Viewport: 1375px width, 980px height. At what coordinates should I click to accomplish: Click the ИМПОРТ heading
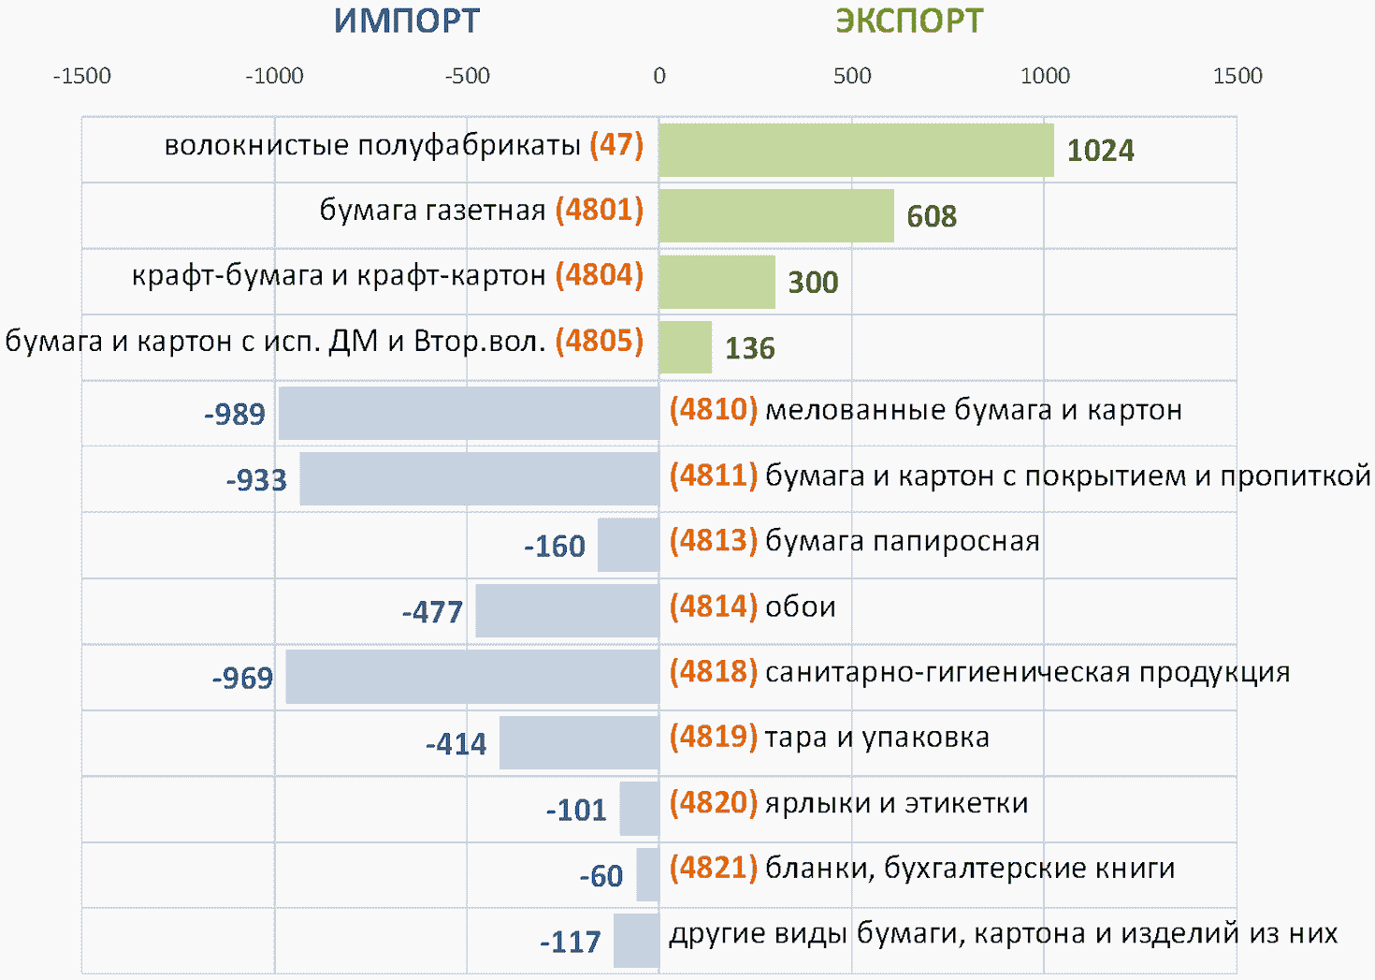407,22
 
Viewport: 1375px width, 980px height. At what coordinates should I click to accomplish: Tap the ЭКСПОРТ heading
909,22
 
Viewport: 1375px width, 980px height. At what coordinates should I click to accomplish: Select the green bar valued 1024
856,150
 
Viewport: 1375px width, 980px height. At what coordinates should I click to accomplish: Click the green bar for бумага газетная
776,215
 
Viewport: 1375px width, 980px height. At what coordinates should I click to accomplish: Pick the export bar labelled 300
716,282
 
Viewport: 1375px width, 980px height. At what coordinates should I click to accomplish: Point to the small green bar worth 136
686,347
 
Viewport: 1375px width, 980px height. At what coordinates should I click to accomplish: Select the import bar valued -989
469,413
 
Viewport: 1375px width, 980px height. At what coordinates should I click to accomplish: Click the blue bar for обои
567,610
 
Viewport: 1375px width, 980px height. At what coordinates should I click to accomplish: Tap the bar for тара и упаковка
580,742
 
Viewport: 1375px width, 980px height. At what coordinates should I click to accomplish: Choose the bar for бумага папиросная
629,545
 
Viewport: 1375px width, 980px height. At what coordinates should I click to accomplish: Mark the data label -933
256,480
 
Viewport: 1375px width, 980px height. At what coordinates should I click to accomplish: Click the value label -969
242,678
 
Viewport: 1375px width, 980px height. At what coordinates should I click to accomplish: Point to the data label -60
601,875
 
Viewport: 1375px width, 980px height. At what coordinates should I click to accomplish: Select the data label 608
932,216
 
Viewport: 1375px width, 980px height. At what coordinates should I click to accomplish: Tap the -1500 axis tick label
82,76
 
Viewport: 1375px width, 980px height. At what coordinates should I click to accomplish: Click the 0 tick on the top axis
659,76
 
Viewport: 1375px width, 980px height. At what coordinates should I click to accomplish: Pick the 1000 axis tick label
1045,76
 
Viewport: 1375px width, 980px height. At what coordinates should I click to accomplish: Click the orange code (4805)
600,341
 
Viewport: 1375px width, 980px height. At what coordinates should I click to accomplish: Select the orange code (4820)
714,802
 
